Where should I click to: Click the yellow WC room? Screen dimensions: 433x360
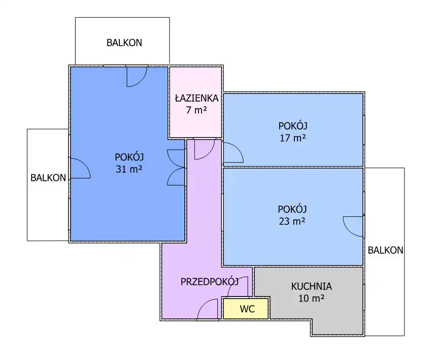[246, 309]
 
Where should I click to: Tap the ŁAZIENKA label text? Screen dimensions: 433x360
[196, 98]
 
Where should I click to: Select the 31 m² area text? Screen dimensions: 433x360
[129, 169]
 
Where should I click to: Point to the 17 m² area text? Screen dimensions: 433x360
[293, 138]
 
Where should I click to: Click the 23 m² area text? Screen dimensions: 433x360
[292, 221]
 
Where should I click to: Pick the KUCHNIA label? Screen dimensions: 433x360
[312, 286]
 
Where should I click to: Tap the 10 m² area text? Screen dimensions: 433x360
[312, 298]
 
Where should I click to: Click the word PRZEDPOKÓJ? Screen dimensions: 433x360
[210, 282]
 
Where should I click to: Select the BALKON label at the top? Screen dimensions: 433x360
[124, 43]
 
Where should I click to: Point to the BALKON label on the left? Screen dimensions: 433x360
[48, 178]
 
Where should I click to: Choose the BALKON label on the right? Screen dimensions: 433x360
[385, 250]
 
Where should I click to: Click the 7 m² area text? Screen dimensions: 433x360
[196, 110]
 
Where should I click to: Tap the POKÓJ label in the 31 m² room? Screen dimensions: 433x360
[129, 157]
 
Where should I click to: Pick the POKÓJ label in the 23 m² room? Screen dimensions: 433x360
[292, 209]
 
